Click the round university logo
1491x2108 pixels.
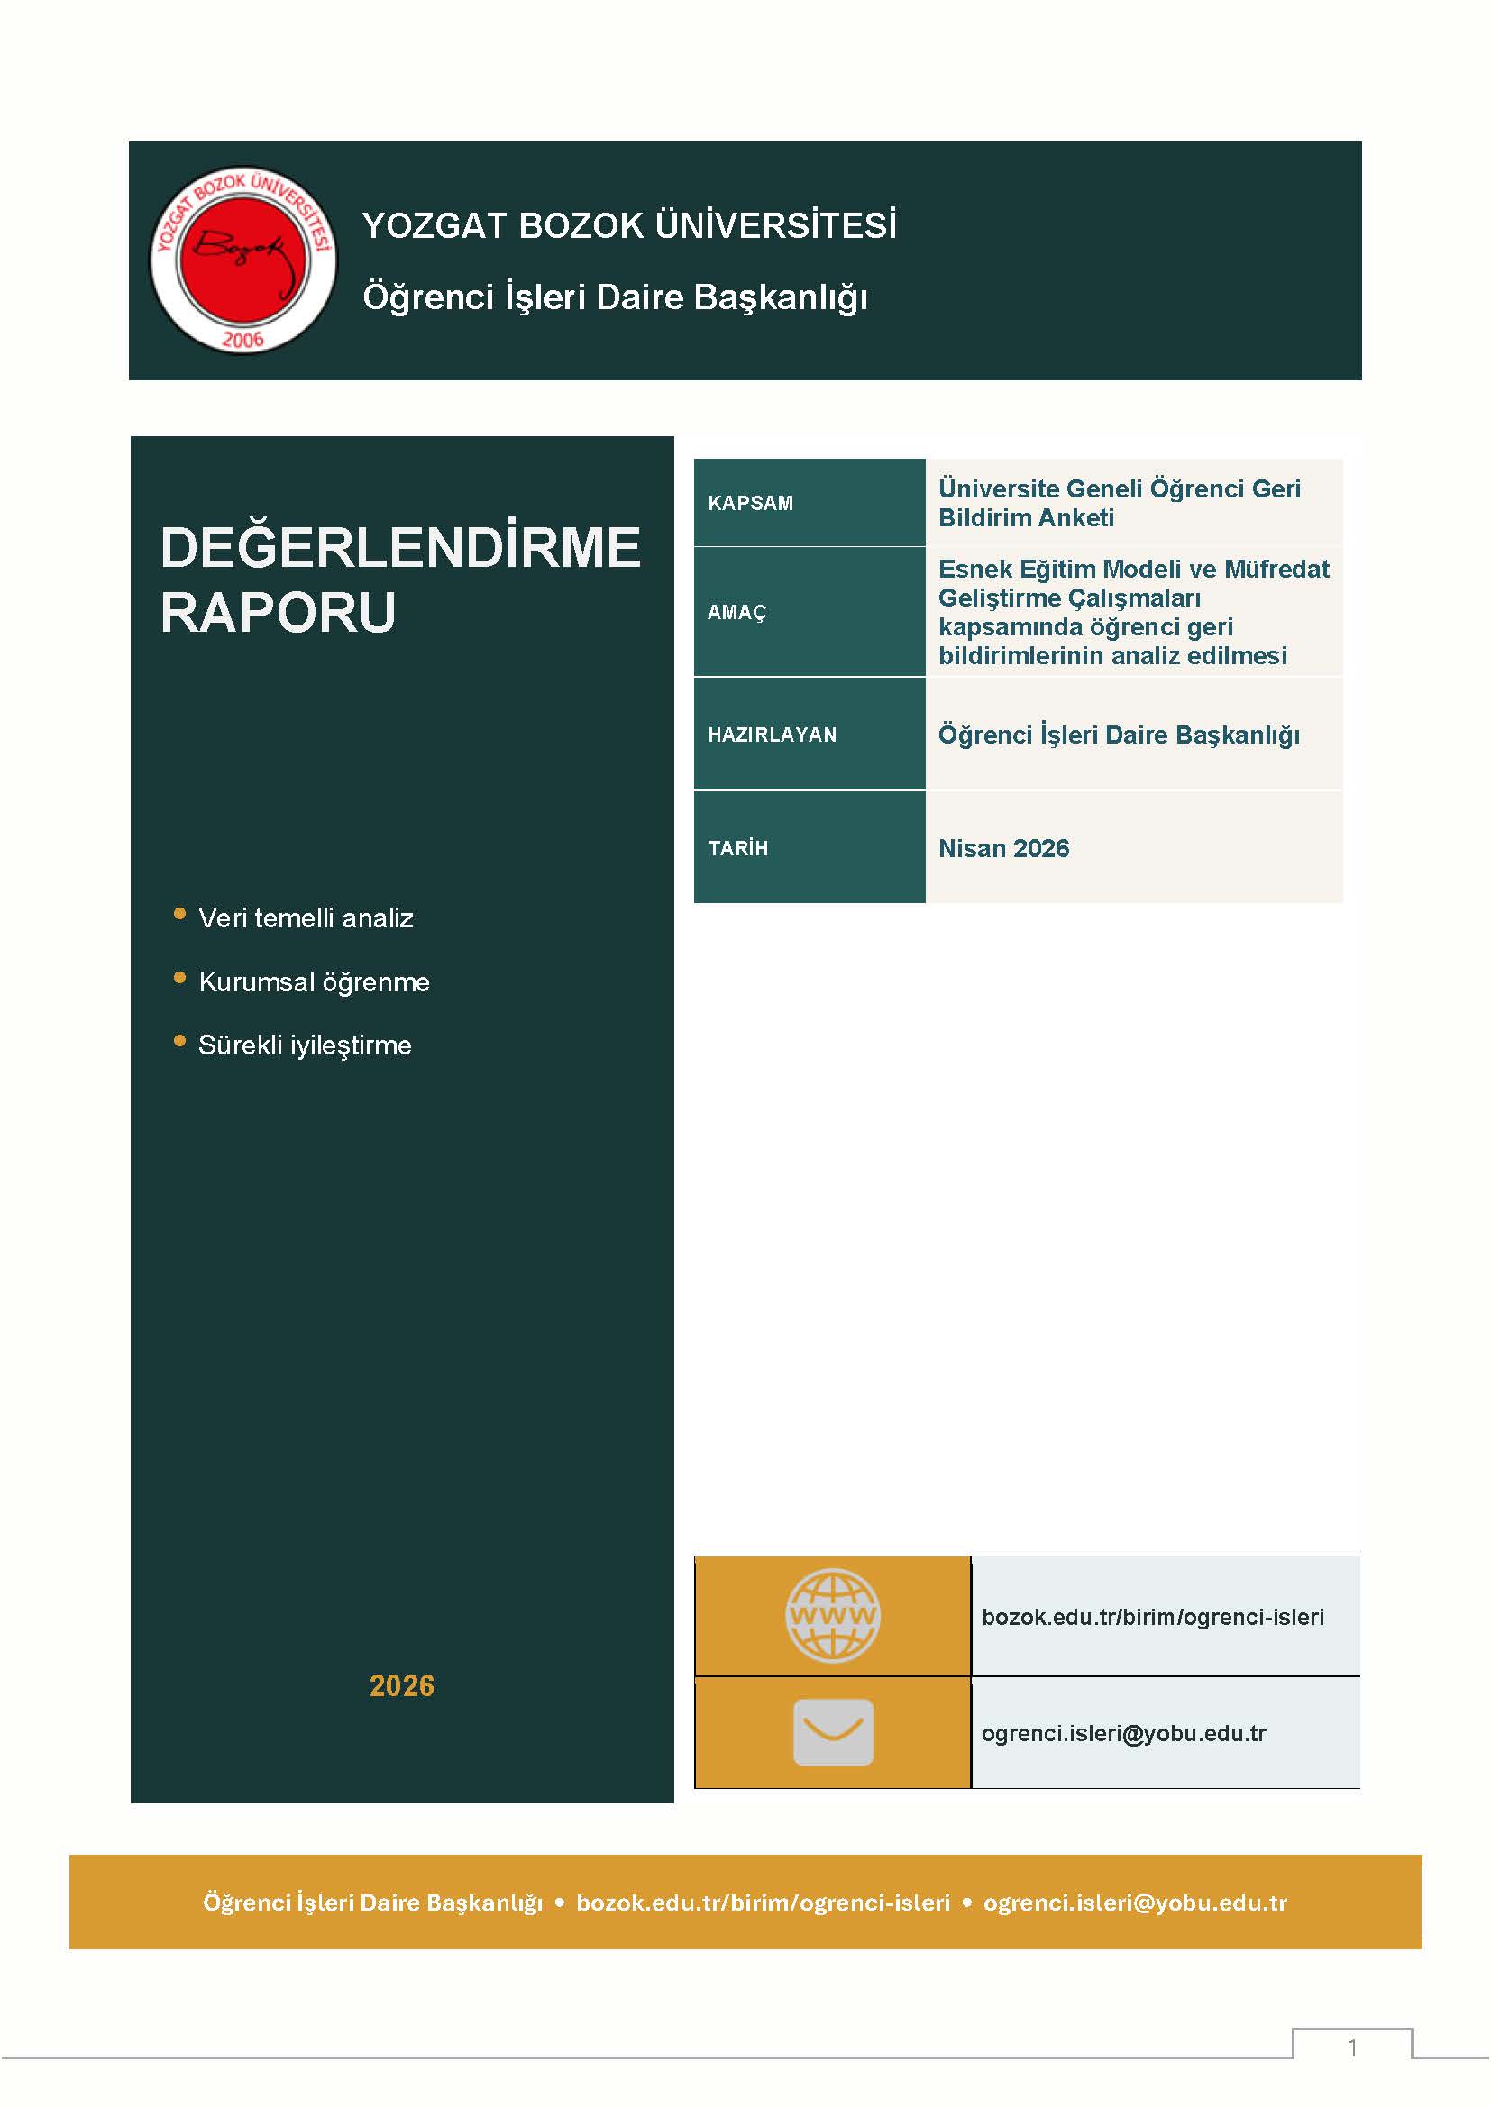pos(243,260)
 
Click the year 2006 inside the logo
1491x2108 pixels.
pos(242,340)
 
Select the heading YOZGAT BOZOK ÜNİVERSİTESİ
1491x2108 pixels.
pos(629,226)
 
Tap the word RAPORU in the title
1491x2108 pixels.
pos(279,612)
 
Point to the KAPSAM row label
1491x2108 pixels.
pos(750,503)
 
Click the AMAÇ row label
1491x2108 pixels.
pos(736,612)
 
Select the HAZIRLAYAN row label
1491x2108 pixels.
pos(773,735)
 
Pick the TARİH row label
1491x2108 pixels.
pos(737,848)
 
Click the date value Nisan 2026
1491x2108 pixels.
pos(1003,848)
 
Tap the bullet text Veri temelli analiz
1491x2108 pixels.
pos(306,918)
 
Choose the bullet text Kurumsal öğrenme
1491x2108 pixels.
pos(314,982)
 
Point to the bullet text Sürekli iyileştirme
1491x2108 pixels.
pos(305,1045)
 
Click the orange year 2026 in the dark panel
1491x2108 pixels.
pos(401,1685)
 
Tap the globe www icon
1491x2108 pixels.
pos(833,1616)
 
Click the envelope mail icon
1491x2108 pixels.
pos(833,1732)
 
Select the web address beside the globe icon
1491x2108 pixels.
pos(1152,1617)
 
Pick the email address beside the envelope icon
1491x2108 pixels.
pos(1124,1733)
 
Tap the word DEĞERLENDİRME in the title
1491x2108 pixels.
pos(400,547)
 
